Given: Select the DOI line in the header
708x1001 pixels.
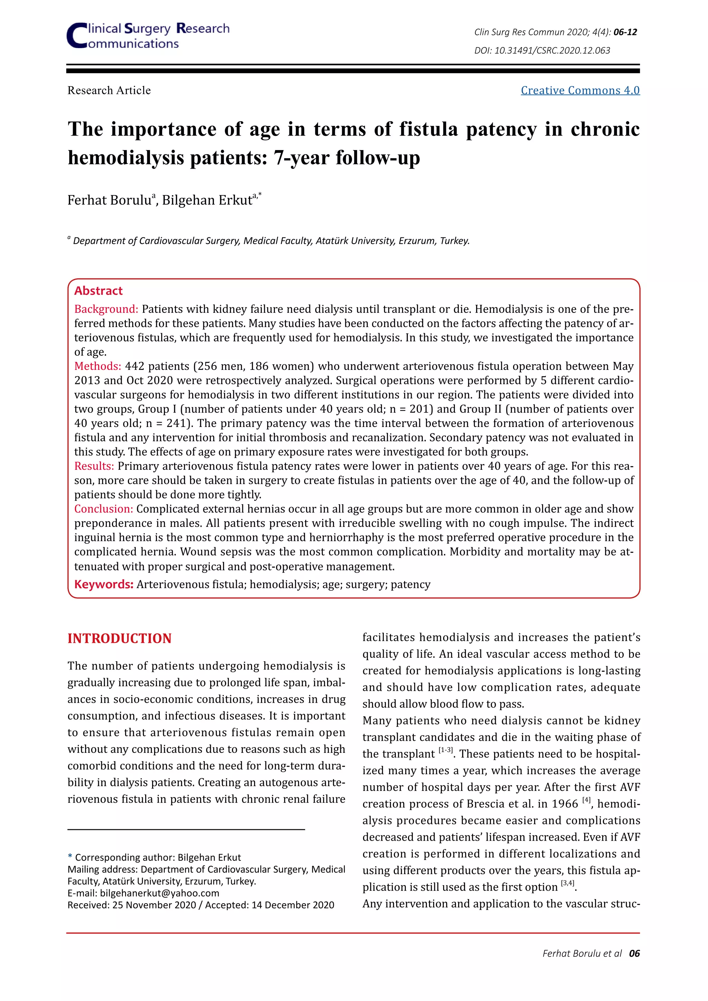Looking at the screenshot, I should (542, 50).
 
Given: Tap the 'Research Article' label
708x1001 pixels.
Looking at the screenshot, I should (109, 90).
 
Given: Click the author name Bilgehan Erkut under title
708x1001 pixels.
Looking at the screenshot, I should (207, 200).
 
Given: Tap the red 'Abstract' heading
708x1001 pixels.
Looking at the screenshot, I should (99, 291).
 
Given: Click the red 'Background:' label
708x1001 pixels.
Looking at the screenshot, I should (106, 309).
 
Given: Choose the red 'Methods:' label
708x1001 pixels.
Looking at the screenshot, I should (97, 366).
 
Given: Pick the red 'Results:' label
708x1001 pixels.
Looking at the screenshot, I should (94, 466).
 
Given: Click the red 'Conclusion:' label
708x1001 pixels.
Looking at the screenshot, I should (103, 509).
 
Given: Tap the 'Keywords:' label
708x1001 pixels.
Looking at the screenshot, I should (104, 584).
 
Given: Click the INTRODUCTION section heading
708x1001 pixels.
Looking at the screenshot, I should (120, 638).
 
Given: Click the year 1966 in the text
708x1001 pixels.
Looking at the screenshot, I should (565, 804).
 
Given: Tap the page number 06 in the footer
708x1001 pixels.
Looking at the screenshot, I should (634, 954).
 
